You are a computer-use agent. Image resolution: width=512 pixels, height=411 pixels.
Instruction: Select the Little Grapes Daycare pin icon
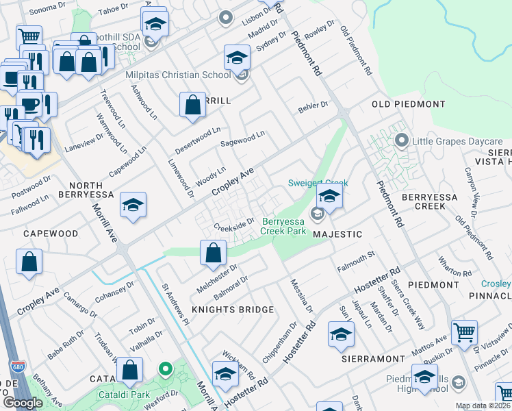(x=402, y=142)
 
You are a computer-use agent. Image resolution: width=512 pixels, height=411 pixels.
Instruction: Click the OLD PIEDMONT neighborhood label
(x=408, y=104)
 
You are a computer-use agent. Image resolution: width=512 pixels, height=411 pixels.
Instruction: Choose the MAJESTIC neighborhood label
(x=337, y=234)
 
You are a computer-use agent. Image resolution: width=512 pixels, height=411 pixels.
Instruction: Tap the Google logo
(x=23, y=403)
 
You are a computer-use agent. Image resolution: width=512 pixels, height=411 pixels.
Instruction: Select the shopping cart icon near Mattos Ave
(x=464, y=333)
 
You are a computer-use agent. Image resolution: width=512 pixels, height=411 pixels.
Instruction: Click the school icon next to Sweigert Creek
(x=329, y=197)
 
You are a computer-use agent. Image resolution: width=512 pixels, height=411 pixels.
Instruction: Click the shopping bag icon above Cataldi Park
(x=129, y=371)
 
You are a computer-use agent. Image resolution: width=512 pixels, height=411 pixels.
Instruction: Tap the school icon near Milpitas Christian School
(x=237, y=57)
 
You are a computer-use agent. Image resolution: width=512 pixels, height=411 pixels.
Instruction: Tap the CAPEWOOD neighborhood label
(x=51, y=234)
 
